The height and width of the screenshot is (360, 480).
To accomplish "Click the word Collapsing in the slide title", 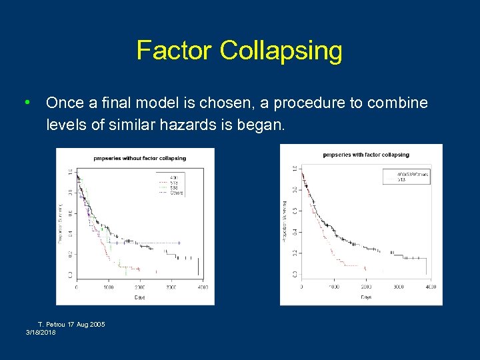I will (281, 51).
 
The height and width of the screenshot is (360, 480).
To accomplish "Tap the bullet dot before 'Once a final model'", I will (26, 103).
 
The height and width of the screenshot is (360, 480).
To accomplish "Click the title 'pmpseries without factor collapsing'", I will (140, 158).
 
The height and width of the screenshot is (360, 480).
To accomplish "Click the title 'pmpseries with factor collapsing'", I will (366, 155).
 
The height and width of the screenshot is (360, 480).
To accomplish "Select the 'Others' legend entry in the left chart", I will (176, 193).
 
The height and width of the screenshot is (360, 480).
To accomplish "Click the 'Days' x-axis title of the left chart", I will (139, 297).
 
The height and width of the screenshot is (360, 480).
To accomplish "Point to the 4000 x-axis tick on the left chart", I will (202, 287).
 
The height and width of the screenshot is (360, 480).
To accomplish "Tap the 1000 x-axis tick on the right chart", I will (333, 287).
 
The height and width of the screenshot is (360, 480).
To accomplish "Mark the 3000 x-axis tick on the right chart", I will (398, 287).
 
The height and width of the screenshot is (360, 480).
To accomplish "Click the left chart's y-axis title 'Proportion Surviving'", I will (61, 223).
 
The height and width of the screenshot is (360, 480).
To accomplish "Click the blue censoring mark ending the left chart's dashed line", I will (179, 243).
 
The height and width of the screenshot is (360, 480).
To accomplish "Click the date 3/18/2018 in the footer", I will (41, 331).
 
